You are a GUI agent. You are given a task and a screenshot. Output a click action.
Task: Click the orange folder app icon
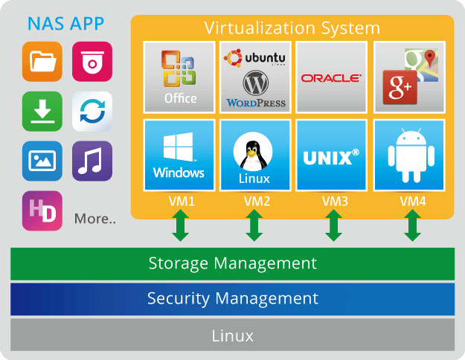coord(42,62)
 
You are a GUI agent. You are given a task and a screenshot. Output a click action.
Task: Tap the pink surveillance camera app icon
coord(92,62)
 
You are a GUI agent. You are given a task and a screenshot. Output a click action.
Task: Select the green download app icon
coord(42,112)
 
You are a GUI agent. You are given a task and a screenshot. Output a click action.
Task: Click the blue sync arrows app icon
coord(92,112)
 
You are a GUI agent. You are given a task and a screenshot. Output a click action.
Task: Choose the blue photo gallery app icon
coord(42,161)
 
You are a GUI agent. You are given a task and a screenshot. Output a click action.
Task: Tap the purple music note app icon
coord(92,161)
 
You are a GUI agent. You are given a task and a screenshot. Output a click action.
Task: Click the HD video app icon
coord(42,210)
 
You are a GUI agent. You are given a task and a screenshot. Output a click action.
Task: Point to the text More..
coord(95,219)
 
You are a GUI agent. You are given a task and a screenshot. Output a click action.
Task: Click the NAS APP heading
coord(65,24)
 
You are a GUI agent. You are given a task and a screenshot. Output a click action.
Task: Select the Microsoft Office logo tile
coord(179,77)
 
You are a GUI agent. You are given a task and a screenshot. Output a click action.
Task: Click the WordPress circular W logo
coord(256,83)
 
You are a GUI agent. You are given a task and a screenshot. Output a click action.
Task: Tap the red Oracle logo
coord(331,78)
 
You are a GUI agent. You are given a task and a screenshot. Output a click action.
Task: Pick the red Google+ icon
coord(400,88)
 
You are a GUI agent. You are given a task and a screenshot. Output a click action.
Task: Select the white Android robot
coord(411,155)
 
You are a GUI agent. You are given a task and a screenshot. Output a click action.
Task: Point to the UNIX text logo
coord(331,157)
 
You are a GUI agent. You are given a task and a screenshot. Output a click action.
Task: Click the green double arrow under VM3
coord(333,225)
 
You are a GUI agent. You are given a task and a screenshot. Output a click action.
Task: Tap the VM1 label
coord(182,202)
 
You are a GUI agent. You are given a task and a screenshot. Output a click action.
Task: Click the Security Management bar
coord(232,299)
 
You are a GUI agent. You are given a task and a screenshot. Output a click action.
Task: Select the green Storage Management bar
coord(232,263)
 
